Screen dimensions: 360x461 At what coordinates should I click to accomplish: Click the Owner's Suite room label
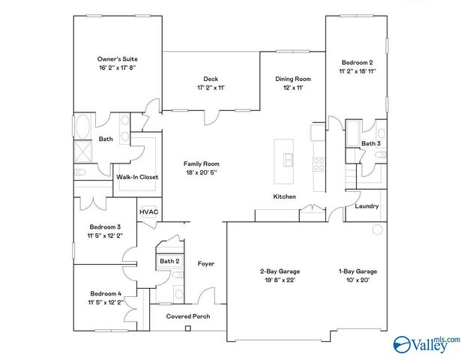(117, 58)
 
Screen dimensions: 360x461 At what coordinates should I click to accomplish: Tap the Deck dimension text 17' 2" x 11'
(211, 88)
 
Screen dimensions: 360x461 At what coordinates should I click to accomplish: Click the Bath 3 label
(370, 143)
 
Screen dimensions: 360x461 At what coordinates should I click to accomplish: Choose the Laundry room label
(367, 206)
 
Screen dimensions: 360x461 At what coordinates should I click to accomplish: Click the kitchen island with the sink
(286, 160)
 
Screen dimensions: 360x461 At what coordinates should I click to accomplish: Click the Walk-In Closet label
(135, 177)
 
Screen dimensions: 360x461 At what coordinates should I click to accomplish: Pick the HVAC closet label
(148, 211)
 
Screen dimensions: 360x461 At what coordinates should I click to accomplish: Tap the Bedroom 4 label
(106, 293)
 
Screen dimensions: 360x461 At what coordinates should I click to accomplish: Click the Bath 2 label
(169, 261)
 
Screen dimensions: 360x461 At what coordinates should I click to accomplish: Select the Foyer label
(206, 263)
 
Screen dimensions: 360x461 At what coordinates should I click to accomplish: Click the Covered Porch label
(188, 316)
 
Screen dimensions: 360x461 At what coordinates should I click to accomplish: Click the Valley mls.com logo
(425, 343)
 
